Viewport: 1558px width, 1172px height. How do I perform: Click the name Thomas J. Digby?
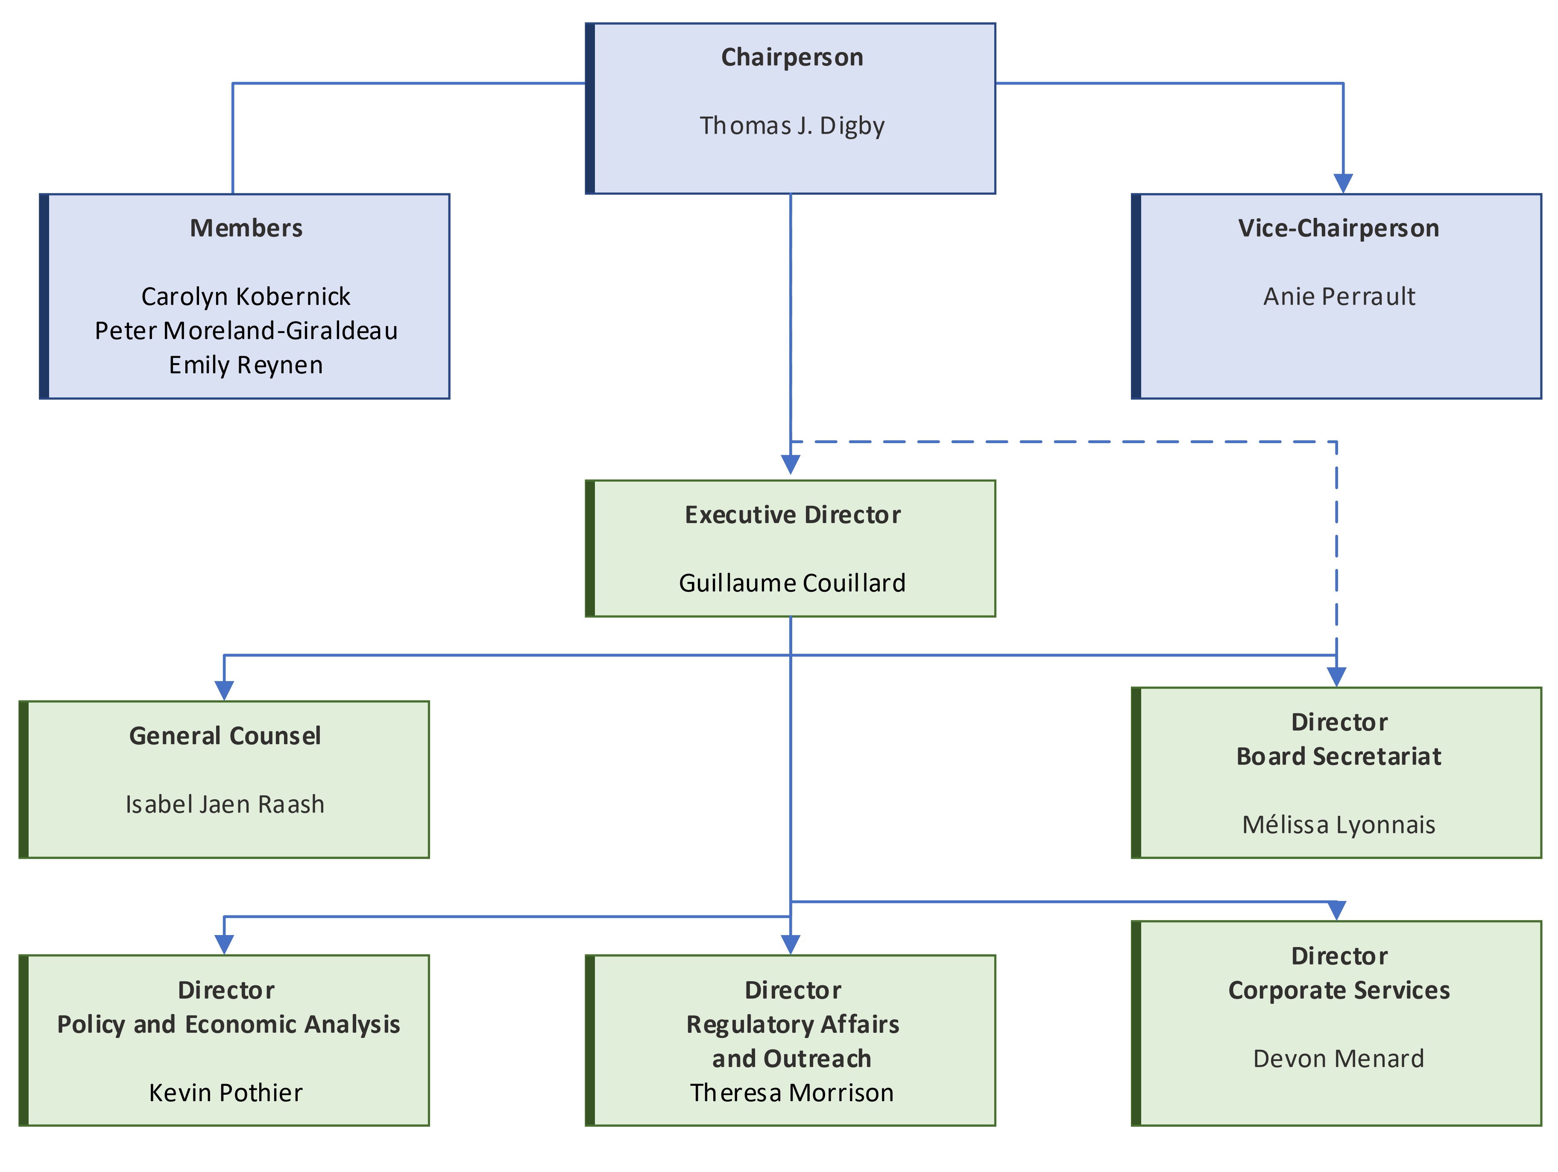click(792, 126)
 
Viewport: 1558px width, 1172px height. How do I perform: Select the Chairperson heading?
click(792, 57)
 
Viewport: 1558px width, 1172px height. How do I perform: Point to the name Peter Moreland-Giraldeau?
click(246, 330)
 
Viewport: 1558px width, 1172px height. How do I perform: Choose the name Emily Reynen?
click(246, 365)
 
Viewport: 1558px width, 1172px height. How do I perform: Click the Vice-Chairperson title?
click(1338, 228)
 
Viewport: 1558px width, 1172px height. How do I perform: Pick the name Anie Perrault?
click(1338, 296)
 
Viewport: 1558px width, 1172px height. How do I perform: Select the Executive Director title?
click(792, 515)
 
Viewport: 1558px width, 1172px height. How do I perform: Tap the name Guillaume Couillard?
click(792, 583)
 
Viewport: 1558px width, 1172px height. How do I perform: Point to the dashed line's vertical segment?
click(1336, 549)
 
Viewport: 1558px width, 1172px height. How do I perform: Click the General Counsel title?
click(225, 736)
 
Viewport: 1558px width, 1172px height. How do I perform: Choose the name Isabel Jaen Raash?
click(225, 804)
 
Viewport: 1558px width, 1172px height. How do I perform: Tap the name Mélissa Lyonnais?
click(1338, 825)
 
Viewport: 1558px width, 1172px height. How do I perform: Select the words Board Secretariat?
click(1338, 757)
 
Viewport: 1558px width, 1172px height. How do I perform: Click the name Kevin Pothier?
click(225, 1093)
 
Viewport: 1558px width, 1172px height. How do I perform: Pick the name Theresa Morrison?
click(792, 1093)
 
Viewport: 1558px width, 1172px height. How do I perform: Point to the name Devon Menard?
click(1338, 1058)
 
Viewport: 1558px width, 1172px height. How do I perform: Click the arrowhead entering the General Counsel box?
click(224, 691)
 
